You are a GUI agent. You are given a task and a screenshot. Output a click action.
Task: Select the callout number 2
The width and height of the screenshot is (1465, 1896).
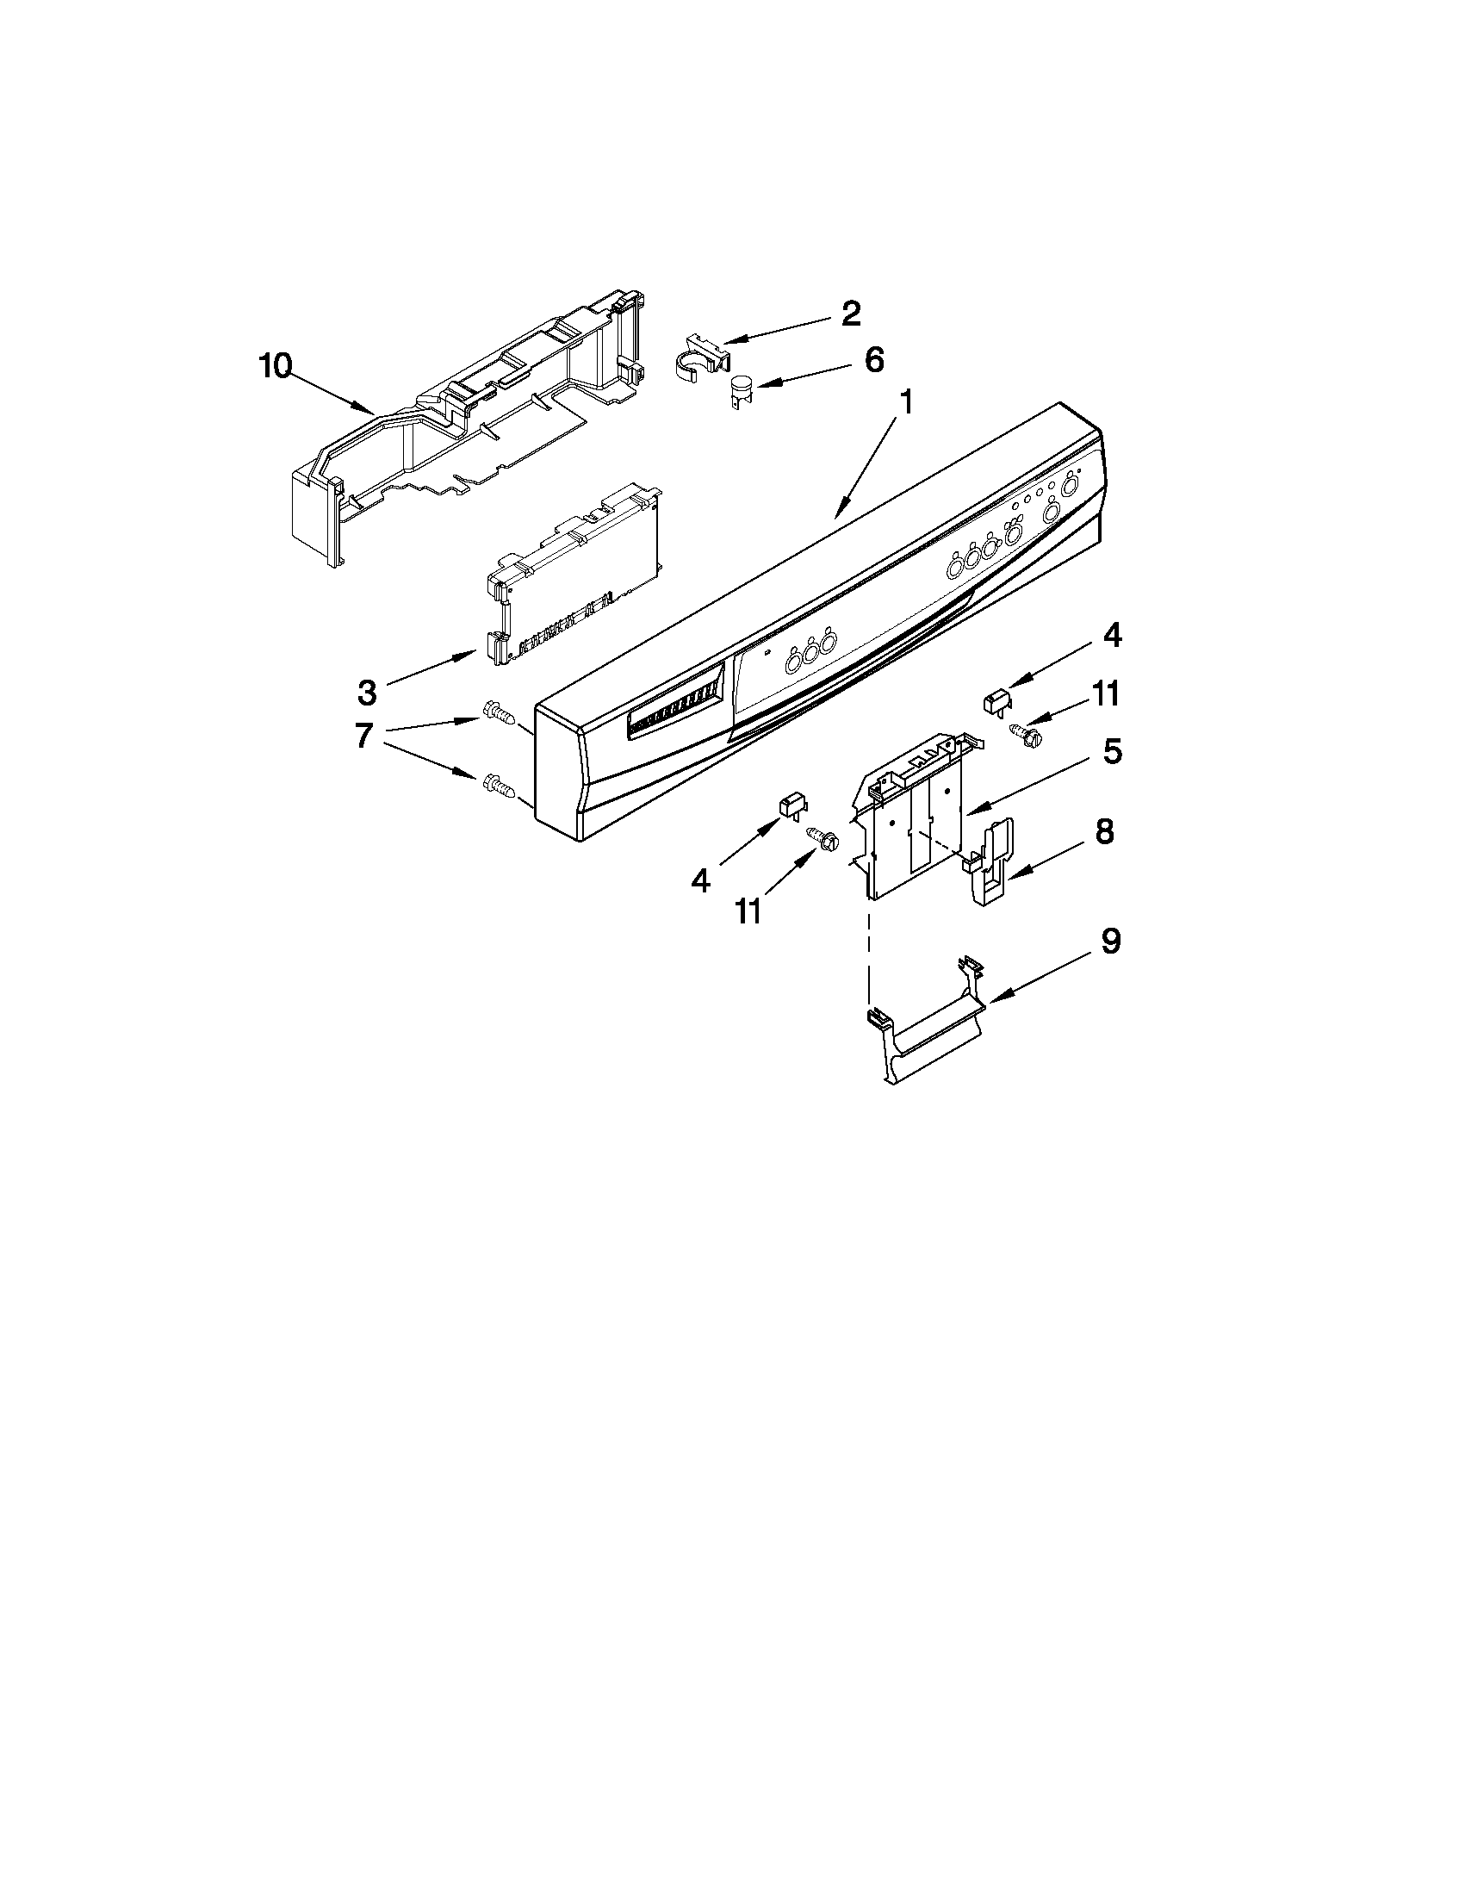point(850,314)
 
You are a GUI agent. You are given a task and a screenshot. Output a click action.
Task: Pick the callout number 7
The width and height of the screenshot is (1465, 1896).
point(364,737)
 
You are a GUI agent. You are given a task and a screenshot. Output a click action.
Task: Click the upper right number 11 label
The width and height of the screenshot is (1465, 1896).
point(1104,693)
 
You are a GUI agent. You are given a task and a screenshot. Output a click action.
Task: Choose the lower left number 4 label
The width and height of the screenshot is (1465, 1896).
point(700,881)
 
